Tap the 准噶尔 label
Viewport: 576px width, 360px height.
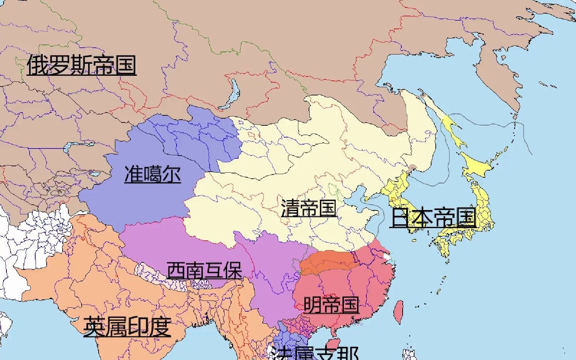[153, 174]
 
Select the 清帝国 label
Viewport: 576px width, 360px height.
[309, 208]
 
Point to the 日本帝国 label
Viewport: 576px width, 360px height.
[433, 218]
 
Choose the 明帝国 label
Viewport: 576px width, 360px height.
[331, 305]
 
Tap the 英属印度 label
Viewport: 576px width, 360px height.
[127, 327]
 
